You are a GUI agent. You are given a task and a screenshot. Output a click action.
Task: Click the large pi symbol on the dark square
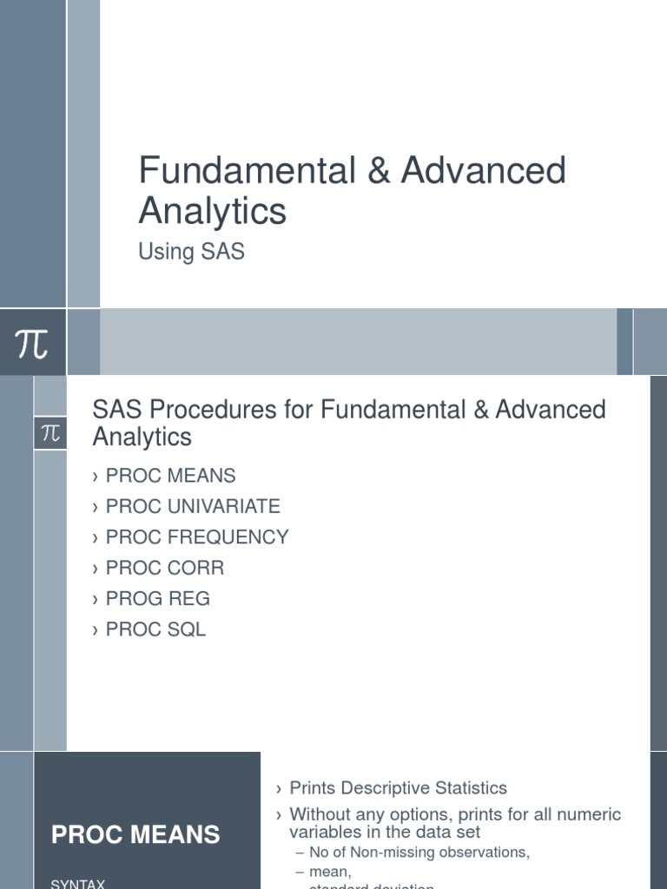click(x=32, y=342)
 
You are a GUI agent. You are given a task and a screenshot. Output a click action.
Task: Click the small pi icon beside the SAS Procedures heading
click(x=50, y=433)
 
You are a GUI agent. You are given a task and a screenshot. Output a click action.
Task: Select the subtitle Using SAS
click(x=191, y=252)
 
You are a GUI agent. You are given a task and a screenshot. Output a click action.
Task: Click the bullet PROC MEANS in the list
click(x=170, y=476)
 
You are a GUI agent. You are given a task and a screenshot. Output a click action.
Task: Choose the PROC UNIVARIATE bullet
click(x=192, y=506)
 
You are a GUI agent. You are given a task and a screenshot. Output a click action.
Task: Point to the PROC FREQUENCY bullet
click(x=196, y=537)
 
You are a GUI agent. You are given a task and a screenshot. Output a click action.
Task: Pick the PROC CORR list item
click(x=164, y=568)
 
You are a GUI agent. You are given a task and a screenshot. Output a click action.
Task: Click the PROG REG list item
click(x=157, y=598)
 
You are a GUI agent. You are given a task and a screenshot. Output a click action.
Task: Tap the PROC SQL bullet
click(x=155, y=629)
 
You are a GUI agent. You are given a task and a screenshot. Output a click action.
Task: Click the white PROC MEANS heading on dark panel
click(x=135, y=835)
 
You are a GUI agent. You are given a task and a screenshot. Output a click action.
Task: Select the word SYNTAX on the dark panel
click(x=78, y=883)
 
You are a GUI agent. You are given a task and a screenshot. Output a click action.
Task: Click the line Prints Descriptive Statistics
click(x=398, y=788)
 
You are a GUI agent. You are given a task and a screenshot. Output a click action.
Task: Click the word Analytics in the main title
click(x=212, y=211)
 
